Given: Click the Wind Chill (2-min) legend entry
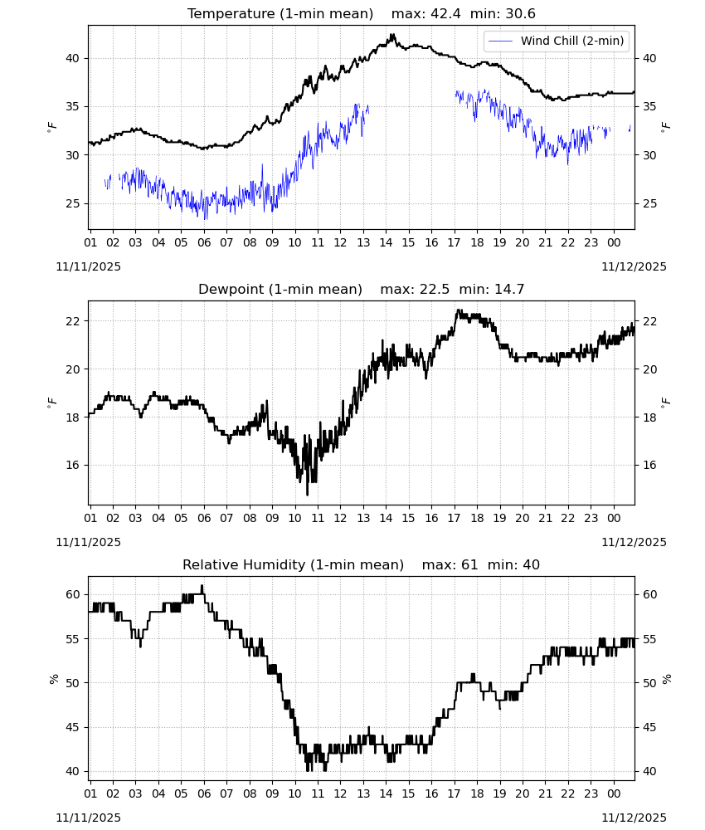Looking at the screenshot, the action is [557, 41].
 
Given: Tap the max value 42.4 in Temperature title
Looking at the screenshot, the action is [445, 13].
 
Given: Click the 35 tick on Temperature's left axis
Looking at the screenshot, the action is [72, 106].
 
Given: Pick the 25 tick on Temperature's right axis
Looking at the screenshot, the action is [649, 204].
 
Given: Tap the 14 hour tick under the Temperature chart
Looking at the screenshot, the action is [386, 242].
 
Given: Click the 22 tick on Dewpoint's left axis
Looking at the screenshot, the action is [72, 321].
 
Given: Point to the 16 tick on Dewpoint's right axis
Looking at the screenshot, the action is [649, 466].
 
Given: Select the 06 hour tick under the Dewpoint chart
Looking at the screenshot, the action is [204, 518].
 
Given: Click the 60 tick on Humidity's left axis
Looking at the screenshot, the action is [72, 594].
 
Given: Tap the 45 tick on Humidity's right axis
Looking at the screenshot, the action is [649, 727].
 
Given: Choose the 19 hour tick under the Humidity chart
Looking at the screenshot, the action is [500, 794].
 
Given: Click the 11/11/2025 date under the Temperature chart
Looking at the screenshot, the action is [88, 266].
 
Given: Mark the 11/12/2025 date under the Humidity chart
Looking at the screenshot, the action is [634, 818].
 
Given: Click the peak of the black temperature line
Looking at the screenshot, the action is [393, 34].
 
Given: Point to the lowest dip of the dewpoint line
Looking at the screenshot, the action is [307, 495].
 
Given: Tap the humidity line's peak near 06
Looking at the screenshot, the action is [202, 585].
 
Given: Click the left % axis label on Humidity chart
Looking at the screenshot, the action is [53, 679].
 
